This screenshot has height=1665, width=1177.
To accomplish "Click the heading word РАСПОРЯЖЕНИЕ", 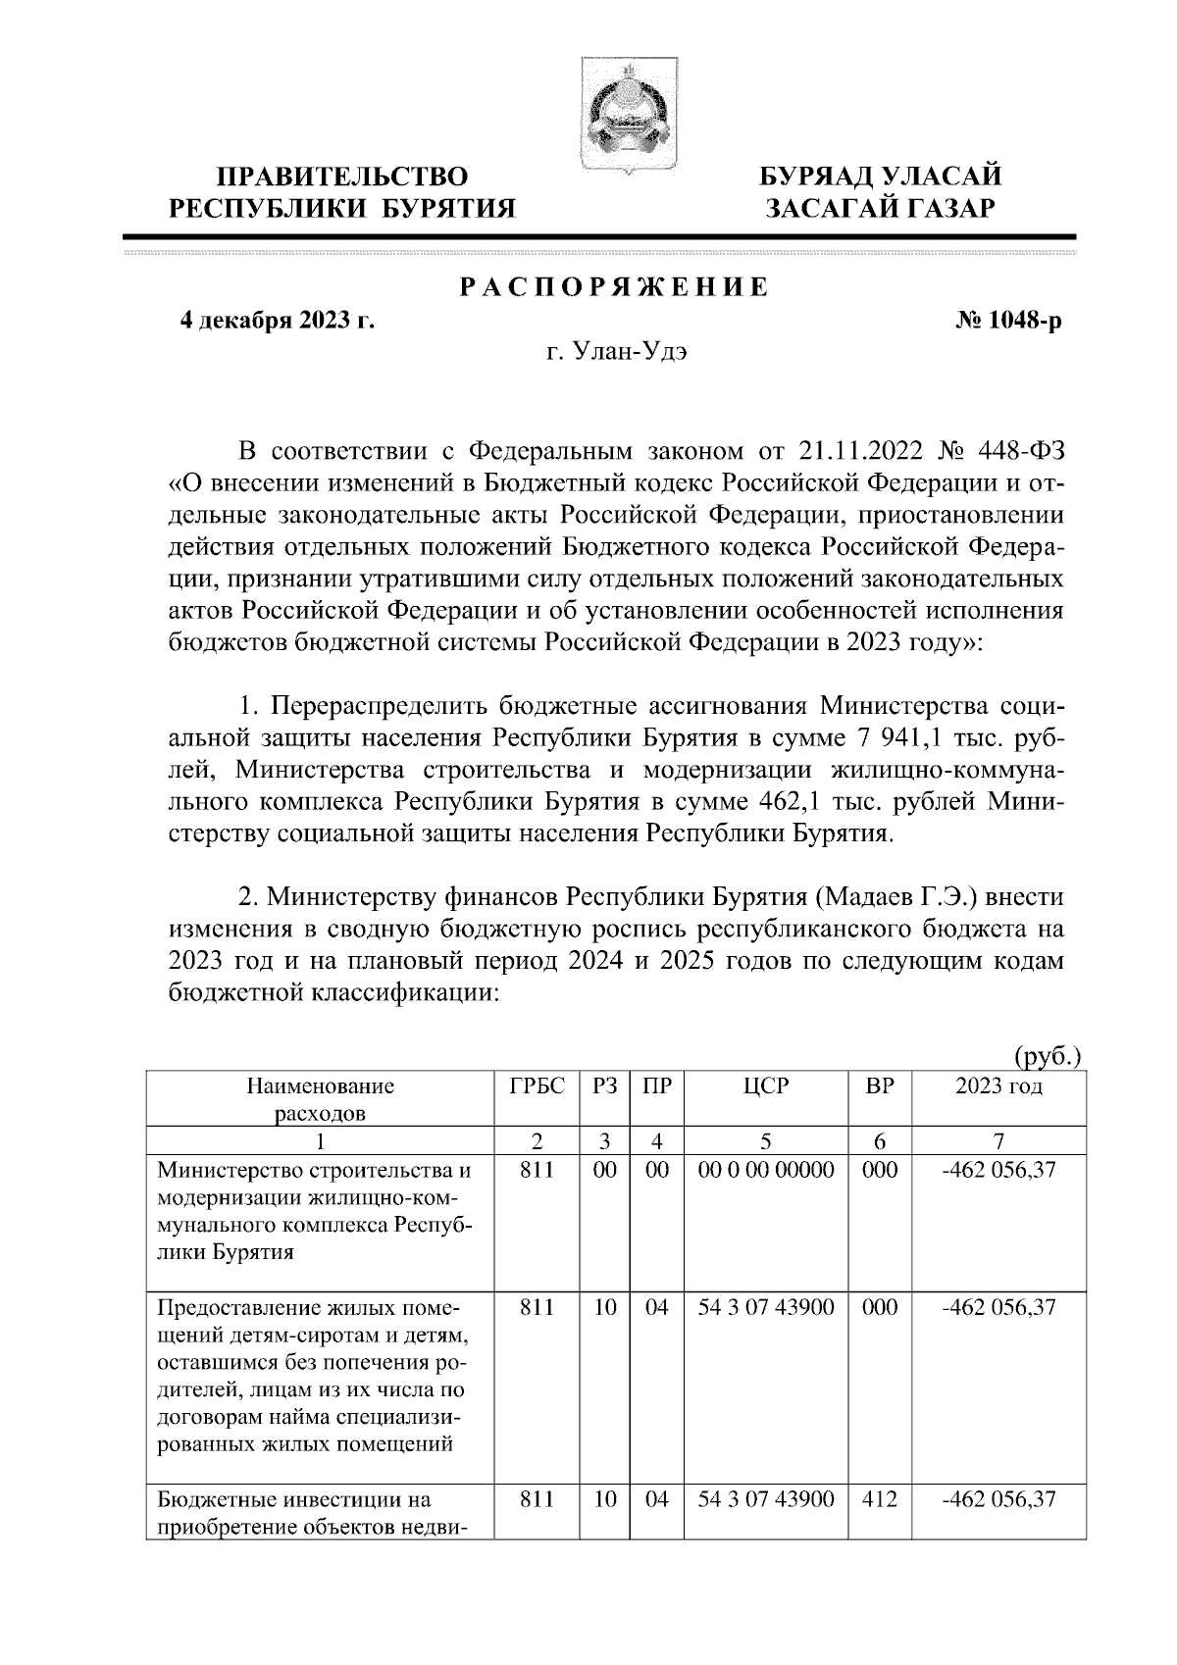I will [x=615, y=288].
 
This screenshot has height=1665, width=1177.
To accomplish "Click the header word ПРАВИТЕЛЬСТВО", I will [x=342, y=177].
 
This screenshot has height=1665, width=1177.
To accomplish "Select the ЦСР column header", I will [x=766, y=1085].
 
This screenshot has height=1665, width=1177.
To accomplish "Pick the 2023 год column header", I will [x=998, y=1085].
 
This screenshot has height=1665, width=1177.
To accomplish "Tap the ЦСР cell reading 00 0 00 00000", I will [x=766, y=1170].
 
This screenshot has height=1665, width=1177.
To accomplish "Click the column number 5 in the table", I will [x=766, y=1140].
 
